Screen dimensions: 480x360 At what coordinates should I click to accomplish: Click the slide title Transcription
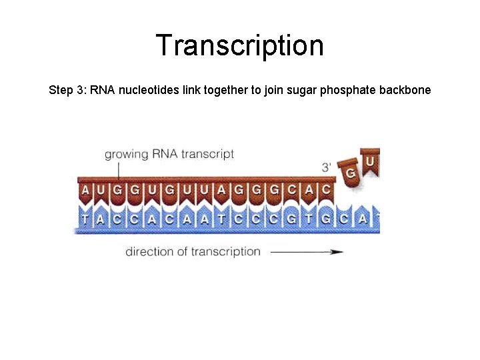(240, 45)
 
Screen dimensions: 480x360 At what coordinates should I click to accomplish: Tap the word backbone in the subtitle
(405, 89)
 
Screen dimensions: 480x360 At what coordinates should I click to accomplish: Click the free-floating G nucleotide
(349, 173)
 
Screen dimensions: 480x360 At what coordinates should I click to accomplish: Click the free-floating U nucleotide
(370, 162)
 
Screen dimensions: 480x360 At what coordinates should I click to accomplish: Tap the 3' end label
(327, 167)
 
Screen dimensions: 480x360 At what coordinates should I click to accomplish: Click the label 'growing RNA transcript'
(169, 154)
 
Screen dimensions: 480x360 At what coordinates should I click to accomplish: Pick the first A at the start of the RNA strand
(85, 190)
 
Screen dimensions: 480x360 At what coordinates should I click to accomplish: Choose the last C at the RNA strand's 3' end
(326, 190)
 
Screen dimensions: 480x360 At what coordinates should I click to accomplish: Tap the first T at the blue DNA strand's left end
(85, 218)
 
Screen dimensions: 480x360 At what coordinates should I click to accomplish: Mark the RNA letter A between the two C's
(309, 190)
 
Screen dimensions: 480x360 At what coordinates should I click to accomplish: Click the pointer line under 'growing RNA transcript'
(118, 171)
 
